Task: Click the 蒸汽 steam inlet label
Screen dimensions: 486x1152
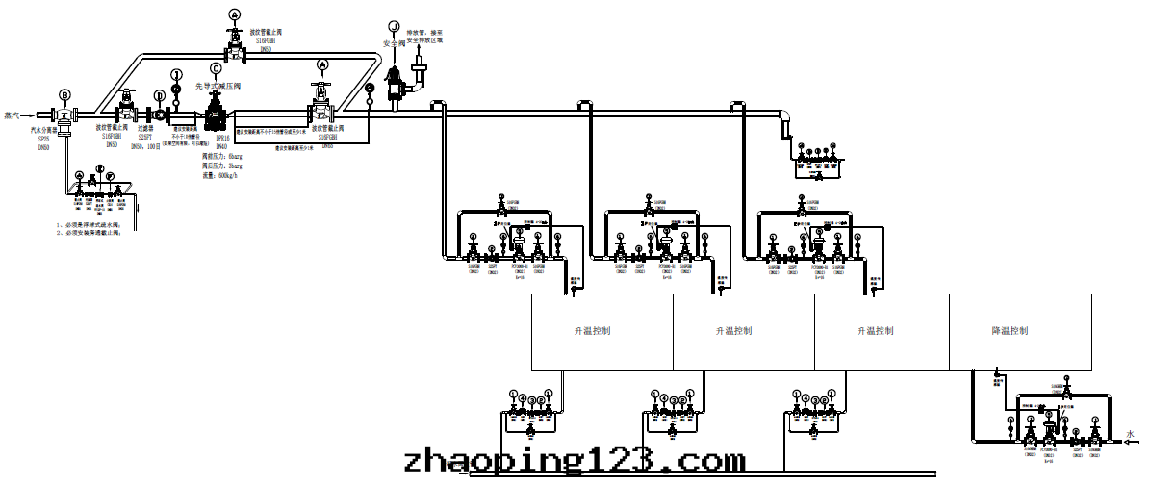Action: click(13, 114)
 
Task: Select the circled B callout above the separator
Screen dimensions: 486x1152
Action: click(64, 94)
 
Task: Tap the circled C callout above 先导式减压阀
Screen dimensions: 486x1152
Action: click(216, 67)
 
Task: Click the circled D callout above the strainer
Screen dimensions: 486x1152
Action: click(159, 94)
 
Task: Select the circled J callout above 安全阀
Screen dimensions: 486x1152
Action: click(393, 26)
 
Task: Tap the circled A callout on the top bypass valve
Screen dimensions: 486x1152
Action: click(235, 13)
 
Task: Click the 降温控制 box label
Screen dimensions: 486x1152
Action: click(1010, 331)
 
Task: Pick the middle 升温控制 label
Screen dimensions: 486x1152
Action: click(733, 331)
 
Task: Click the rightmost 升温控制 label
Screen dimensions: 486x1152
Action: click(875, 331)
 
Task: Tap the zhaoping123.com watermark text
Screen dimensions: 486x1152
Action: click(575, 459)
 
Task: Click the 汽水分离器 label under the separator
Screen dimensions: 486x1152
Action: click(44, 130)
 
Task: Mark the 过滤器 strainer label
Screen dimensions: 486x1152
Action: click(147, 127)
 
